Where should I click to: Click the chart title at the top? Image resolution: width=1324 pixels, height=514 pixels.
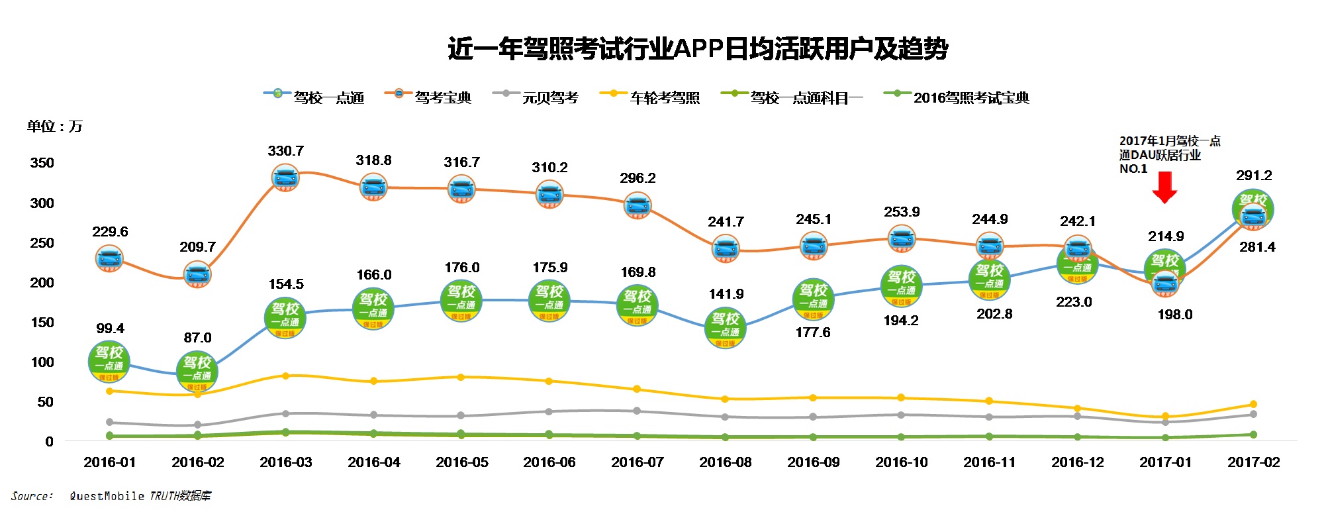click(x=698, y=49)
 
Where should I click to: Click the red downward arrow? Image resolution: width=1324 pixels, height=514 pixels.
click(x=1164, y=187)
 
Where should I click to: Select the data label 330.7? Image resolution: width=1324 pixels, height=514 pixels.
click(x=285, y=151)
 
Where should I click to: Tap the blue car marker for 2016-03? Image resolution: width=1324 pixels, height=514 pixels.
click(x=286, y=178)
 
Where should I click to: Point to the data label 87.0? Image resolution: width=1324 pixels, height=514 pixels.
click(x=197, y=338)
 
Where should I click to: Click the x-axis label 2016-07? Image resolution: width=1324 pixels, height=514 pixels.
click(x=637, y=462)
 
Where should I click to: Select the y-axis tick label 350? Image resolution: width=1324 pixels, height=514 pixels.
click(x=42, y=163)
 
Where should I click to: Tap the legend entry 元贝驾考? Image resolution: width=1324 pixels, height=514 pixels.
click(x=549, y=98)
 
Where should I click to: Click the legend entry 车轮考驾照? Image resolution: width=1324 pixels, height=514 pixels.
click(x=664, y=98)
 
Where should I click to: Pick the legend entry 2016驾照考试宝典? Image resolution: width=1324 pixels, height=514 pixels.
click(x=970, y=98)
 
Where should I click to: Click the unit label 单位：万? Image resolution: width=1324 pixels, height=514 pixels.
click(x=54, y=127)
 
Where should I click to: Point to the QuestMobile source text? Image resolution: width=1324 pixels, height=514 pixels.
click(x=140, y=496)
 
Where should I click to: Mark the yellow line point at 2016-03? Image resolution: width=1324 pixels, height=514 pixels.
click(x=285, y=376)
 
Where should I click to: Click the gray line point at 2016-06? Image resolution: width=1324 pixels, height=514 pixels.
click(x=549, y=412)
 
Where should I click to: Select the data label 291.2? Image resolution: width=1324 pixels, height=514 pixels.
click(x=1254, y=176)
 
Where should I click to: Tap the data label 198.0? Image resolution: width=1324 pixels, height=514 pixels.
click(x=1174, y=315)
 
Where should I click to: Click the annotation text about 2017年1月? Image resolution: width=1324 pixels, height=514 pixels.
click(x=1169, y=154)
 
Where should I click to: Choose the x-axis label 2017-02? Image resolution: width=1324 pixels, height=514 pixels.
click(x=1253, y=462)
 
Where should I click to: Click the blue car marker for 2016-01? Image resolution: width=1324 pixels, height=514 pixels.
click(x=109, y=258)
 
